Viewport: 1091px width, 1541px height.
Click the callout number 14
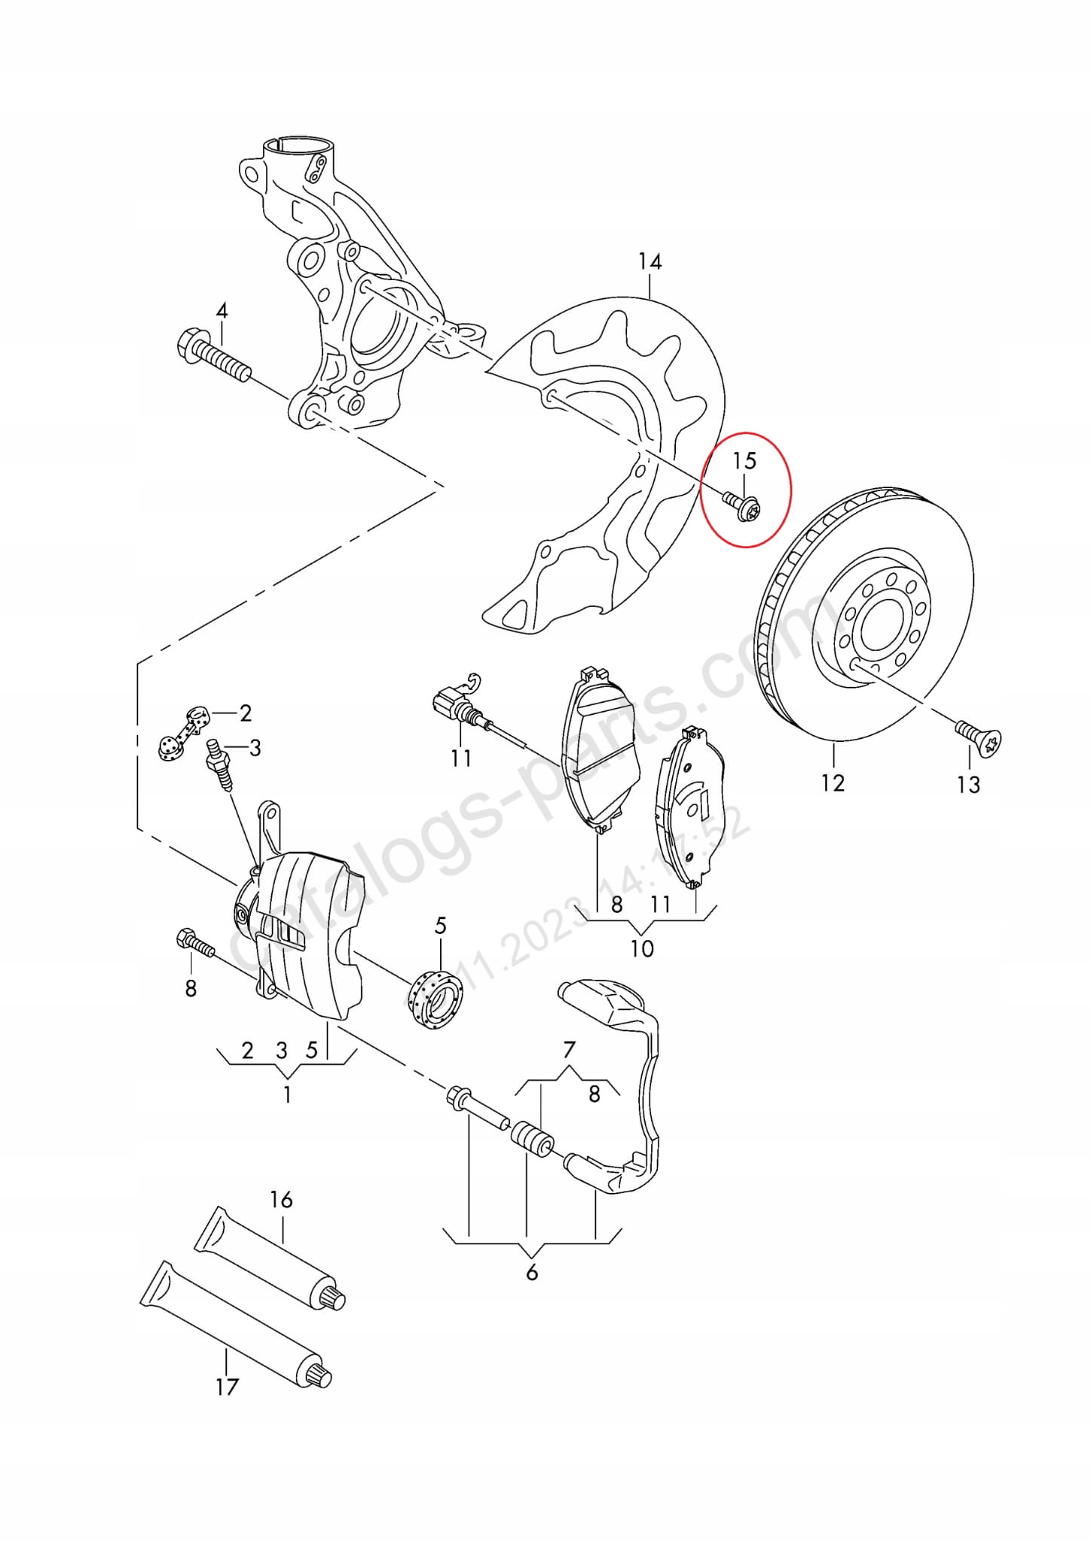[649, 261]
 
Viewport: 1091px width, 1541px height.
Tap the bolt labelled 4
[212, 357]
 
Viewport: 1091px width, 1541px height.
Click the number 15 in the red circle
[744, 460]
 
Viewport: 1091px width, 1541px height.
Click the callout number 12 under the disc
[833, 783]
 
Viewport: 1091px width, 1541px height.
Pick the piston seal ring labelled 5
[435, 1002]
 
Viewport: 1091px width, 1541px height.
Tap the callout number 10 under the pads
[641, 948]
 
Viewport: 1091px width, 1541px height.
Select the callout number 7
[569, 1049]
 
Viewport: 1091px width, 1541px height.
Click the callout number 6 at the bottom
[532, 1272]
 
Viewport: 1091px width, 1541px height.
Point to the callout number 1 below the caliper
[287, 1094]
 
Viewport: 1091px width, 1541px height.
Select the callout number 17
[227, 1387]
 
